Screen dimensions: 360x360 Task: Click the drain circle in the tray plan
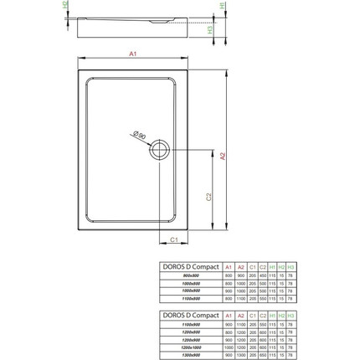(x=160, y=152)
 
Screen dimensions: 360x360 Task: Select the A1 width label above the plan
(x=133, y=53)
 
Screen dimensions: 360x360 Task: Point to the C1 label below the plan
(x=174, y=241)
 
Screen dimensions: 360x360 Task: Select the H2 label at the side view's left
(x=67, y=7)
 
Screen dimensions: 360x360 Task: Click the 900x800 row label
(x=190, y=275)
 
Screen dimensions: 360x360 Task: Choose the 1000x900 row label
(x=190, y=291)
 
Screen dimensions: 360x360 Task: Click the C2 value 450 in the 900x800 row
(x=263, y=275)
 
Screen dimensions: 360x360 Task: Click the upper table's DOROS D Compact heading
(x=190, y=266)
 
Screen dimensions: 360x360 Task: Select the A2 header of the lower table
(x=240, y=315)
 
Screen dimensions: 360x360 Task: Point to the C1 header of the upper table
(x=252, y=266)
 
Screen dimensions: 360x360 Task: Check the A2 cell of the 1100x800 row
(x=240, y=298)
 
